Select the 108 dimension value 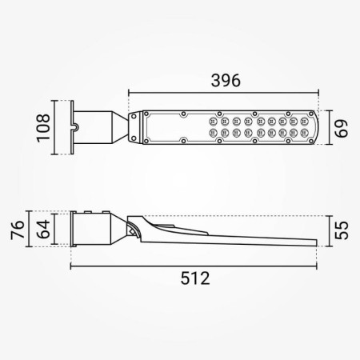pyautogui.click(x=43, y=126)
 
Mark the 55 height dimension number pyautogui.click(x=341, y=230)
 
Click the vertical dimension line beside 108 pyautogui.click(x=54, y=126)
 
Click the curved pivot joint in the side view pyautogui.click(x=131, y=227)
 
